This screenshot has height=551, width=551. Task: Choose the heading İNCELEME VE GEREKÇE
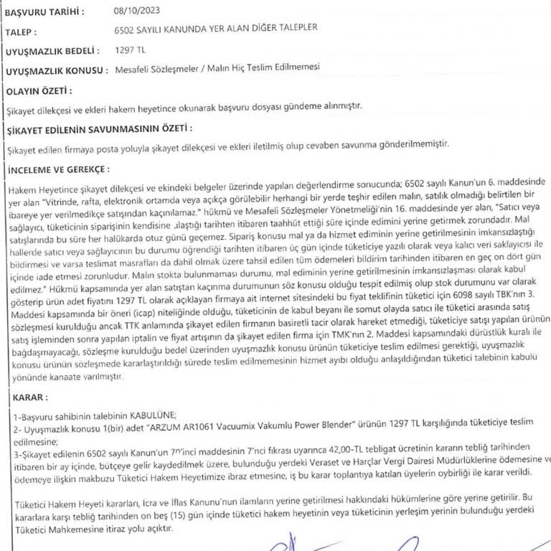pyautogui.click(x=57, y=169)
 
